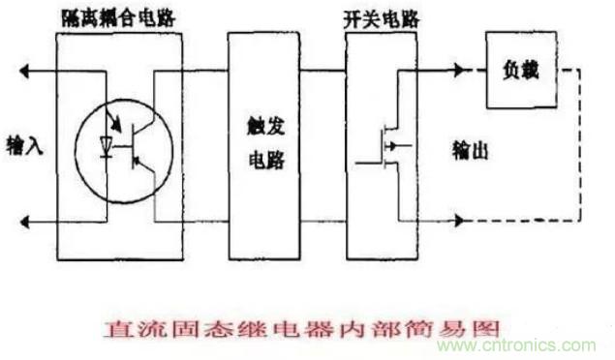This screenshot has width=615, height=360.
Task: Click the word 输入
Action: coord(22,142)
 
